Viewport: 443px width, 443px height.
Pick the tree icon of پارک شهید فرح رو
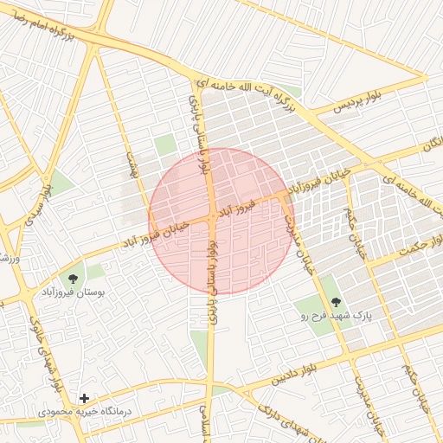(336, 302)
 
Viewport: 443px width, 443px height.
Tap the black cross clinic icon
(84, 398)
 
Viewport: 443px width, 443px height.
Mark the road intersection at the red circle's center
(212, 216)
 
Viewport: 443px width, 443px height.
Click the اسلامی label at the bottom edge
(204, 424)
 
